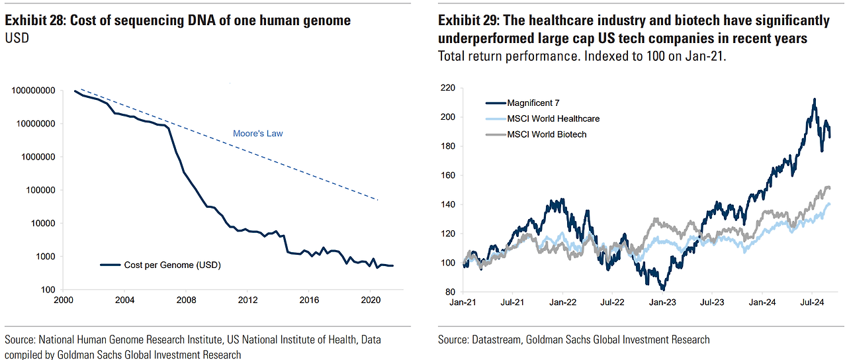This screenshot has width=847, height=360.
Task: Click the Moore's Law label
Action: click(x=257, y=134)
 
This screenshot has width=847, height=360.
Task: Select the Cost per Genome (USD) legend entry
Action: click(x=172, y=265)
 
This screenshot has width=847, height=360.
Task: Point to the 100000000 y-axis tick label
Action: click(x=33, y=91)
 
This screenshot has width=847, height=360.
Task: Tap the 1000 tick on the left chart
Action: click(x=44, y=257)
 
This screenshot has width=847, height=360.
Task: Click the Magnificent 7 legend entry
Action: click(x=533, y=103)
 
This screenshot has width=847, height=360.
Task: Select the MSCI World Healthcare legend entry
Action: click(x=553, y=118)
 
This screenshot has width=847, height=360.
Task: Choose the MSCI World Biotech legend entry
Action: click(x=547, y=134)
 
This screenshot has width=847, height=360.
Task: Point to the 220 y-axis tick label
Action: click(x=448, y=88)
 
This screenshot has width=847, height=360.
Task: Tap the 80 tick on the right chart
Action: click(x=451, y=292)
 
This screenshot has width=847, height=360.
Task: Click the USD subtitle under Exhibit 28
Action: click(x=17, y=38)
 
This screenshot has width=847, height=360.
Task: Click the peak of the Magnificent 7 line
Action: click(x=814, y=99)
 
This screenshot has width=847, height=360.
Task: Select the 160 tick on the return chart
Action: click(x=448, y=175)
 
